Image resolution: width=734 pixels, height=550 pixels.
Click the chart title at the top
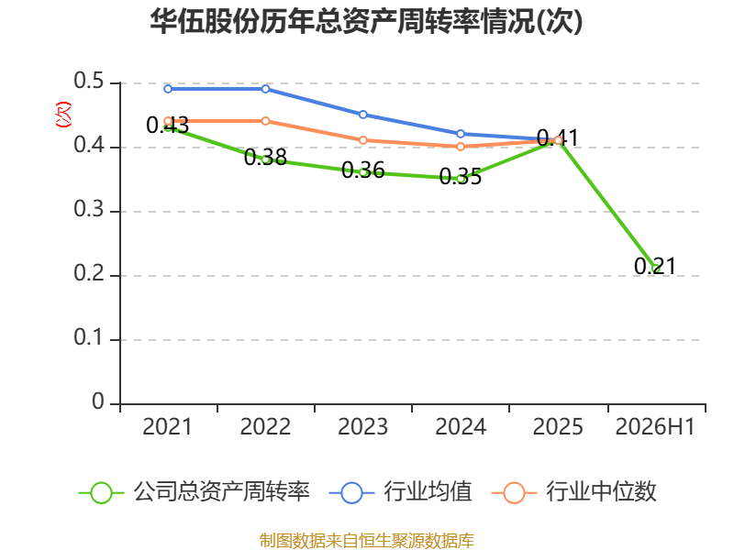366,21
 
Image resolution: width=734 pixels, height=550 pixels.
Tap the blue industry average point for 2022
265,89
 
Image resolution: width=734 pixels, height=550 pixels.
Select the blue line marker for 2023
362,115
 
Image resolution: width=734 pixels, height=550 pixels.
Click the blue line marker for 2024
461,134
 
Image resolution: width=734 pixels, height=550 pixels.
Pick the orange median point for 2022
265,121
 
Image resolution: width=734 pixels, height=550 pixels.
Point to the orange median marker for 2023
362,140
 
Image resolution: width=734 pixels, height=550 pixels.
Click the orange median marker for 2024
461,147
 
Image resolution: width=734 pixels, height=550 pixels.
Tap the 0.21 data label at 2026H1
655,266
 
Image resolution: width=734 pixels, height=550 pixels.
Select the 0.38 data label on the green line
265,157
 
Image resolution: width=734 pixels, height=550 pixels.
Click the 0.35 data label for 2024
461,177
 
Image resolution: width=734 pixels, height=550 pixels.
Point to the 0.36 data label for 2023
362,170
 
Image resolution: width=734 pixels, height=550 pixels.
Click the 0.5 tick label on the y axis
89,81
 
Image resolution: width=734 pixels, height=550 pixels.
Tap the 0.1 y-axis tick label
89,337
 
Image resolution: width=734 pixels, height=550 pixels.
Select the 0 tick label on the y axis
98,401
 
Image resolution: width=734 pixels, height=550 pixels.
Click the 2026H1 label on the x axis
655,426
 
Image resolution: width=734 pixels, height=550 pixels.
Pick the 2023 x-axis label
362,426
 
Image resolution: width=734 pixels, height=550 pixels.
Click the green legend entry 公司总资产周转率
195,492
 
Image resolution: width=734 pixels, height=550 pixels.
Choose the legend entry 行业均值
401,492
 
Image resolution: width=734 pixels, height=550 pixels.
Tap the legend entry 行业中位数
574,492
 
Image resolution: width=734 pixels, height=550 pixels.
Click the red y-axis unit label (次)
63,115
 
